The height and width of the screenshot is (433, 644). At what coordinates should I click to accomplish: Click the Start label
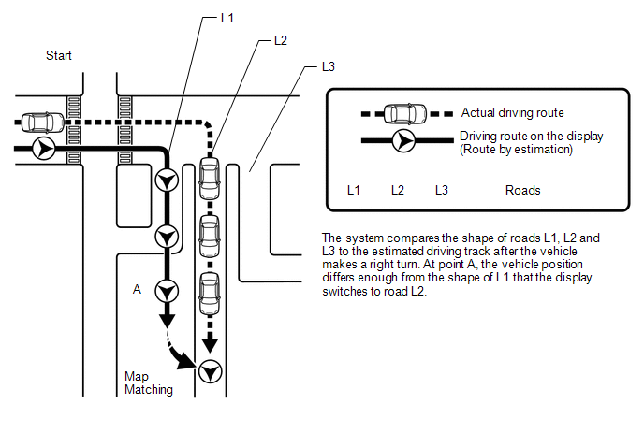coord(59,56)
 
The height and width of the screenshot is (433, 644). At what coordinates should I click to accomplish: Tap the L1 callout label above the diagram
coord(227,19)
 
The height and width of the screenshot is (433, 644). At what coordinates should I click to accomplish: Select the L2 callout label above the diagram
coord(280,41)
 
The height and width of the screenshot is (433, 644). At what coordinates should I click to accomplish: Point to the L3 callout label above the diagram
coord(328,67)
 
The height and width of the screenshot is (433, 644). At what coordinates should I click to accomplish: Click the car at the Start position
coord(39,122)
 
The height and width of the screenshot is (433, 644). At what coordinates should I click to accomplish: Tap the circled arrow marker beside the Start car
coord(42,148)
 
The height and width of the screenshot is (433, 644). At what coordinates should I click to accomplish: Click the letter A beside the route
coord(137,290)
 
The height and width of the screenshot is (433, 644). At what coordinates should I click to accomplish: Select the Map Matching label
coord(149,383)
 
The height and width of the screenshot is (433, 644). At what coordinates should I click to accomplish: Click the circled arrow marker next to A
coord(167,290)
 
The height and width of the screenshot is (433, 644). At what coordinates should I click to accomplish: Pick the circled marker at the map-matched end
coord(209,371)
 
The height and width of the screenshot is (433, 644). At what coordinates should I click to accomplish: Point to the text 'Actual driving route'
coord(512,113)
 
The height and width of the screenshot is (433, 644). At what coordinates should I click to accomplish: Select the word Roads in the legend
coord(522,190)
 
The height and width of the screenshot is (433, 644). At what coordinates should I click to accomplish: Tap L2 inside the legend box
coord(398,190)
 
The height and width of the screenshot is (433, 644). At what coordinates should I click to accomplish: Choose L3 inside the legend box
coord(442,190)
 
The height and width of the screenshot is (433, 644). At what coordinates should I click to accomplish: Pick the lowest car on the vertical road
coord(209,293)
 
